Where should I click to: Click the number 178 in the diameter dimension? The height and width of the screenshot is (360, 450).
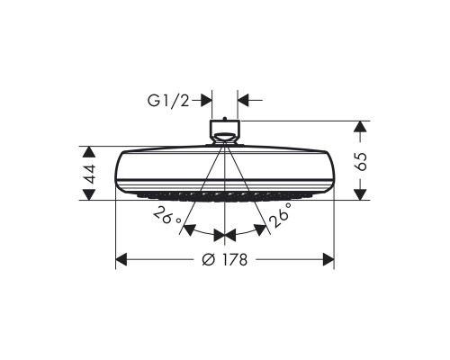[232, 260]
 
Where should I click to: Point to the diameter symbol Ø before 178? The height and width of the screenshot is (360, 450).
[207, 260]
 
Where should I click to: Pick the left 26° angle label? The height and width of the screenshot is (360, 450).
[167, 217]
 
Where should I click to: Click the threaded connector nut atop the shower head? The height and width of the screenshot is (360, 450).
[225, 130]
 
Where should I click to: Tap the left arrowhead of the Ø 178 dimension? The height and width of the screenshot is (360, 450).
[122, 260]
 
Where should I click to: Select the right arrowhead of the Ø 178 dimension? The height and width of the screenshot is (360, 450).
[328, 260]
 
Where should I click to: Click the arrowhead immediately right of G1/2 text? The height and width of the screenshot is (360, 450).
[207, 101]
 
